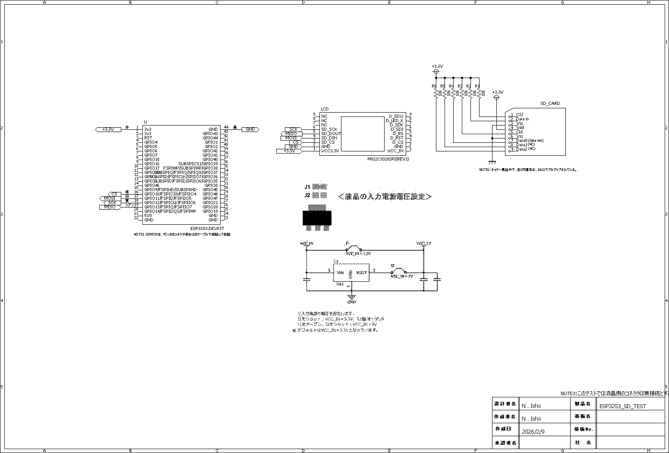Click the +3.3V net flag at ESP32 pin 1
[x=108, y=129]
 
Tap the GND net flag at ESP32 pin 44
[x=250, y=129]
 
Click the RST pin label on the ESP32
[x=148, y=138]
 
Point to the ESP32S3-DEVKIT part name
[x=207, y=229]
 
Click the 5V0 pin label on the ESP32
[x=148, y=215]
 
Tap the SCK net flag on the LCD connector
[x=293, y=129]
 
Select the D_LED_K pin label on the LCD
[x=394, y=120]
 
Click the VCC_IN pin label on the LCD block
[x=395, y=151]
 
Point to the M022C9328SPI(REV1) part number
[x=388, y=159]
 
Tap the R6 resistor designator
[x=434, y=86]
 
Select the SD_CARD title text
[x=550, y=104]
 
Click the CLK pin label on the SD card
[x=519, y=132]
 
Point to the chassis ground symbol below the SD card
[x=492, y=163]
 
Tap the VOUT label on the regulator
[x=361, y=273]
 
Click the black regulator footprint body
[x=317, y=217]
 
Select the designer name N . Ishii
[x=531, y=406]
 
